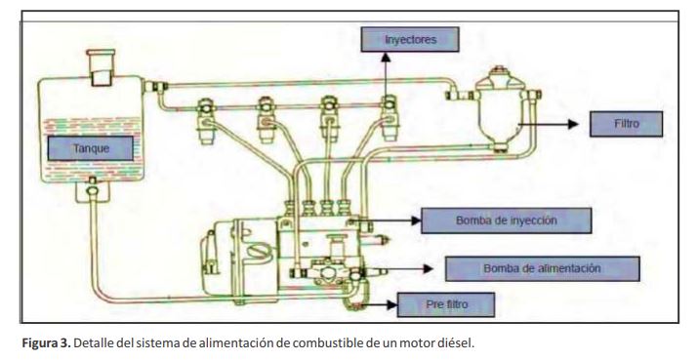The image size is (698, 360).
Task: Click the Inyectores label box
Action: click(x=410, y=40)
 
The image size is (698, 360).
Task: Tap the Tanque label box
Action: click(x=91, y=148)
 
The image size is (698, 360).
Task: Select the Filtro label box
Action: click(x=626, y=124)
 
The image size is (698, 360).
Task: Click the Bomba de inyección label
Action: click(x=506, y=220)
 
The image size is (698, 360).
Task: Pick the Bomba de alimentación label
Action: click(x=542, y=268)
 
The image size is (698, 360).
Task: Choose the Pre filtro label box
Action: click(x=445, y=304)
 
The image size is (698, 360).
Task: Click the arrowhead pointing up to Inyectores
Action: click(x=386, y=57)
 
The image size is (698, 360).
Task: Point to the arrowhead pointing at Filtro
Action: click(x=573, y=124)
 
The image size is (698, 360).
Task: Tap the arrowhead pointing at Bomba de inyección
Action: click(x=416, y=220)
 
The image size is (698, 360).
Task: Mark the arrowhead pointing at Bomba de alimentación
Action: click(x=428, y=268)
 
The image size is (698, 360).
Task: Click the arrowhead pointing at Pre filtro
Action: click(x=391, y=304)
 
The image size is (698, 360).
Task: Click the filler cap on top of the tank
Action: click(x=101, y=66)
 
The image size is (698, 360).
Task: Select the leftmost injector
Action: click(x=206, y=121)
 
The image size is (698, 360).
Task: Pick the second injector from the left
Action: click(x=267, y=120)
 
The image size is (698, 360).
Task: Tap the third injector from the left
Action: click(x=329, y=119)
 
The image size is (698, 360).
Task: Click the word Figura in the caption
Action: click(x=39, y=343)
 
